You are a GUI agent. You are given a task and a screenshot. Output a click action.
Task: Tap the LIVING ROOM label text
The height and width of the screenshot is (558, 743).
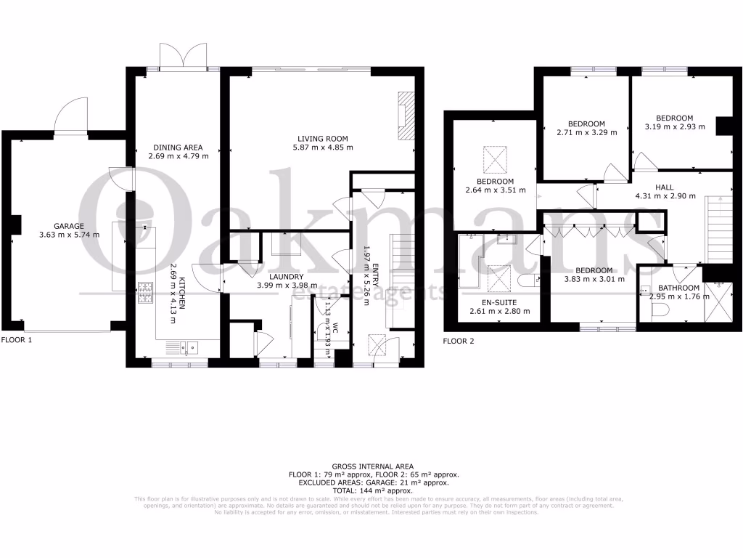pos(323,138)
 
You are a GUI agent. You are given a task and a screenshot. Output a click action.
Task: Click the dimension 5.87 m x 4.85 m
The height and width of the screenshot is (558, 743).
pos(323,147)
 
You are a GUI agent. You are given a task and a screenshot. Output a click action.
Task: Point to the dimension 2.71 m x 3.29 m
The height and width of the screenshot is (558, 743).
pos(586,132)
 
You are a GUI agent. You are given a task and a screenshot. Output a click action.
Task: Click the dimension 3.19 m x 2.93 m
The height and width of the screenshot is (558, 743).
pos(674,127)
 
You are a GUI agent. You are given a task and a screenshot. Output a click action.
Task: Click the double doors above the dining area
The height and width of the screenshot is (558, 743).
pos(184,55)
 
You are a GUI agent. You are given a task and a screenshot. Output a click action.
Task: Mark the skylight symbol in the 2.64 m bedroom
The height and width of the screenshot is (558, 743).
pos(496,157)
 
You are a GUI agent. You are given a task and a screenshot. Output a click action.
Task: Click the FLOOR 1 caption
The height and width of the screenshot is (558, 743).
pos(17,339)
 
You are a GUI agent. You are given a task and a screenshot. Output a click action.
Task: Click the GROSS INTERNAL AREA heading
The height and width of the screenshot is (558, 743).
pos(372,466)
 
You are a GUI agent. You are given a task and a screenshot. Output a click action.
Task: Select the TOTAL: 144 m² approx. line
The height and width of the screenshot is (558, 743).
pos(372,490)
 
